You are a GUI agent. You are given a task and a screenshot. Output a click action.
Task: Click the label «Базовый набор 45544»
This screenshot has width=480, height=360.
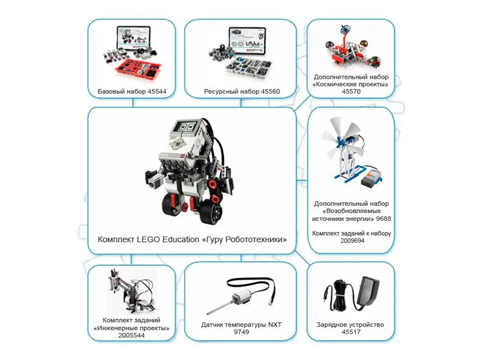[132, 92]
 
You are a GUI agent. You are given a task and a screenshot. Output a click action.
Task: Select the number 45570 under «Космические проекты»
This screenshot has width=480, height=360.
[351, 93]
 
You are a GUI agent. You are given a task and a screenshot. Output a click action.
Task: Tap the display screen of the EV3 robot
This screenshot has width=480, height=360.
[186, 127]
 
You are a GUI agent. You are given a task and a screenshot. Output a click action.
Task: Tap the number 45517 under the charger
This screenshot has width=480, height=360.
[350, 333]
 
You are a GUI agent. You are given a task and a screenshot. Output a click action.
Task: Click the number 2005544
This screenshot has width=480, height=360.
[131, 335]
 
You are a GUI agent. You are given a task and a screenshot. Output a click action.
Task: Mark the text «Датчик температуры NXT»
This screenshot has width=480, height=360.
[241, 325]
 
